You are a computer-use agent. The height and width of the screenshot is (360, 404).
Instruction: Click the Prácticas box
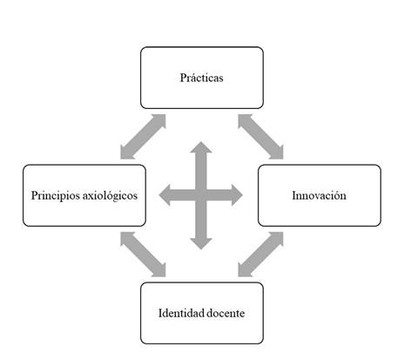coord(202,78)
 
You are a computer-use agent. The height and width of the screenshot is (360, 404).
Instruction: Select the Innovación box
coord(320,195)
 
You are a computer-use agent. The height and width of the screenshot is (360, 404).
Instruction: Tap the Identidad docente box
coord(202,313)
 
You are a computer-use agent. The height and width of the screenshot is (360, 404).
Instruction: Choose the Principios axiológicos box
coord(84,195)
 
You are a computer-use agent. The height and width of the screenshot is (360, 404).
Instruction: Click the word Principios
coord(56,196)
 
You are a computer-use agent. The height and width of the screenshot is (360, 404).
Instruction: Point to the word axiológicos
coord(110,196)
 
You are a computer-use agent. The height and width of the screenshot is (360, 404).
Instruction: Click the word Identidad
coord(181,313)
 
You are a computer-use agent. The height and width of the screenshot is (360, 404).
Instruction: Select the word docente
coord(226,313)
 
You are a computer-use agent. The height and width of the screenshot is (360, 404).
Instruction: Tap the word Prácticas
coord(202,78)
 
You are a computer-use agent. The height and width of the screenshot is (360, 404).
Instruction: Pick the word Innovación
coord(320,195)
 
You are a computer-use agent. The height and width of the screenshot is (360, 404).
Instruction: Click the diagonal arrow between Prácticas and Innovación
coord(260,137)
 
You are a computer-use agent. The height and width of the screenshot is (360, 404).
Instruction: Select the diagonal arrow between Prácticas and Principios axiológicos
coord(143,137)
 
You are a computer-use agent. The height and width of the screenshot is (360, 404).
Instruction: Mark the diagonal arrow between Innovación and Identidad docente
coord(260,255)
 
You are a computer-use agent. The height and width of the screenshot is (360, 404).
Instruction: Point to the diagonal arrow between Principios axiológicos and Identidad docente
coord(143,255)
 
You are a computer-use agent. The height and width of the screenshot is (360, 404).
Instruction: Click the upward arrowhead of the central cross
coord(201,147)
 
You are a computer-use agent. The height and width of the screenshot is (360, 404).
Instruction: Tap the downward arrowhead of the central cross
coord(201,244)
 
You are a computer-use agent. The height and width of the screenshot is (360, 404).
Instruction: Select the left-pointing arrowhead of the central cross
coord(165,195)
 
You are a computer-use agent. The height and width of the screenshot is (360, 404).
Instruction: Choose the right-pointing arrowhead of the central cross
coord(237,195)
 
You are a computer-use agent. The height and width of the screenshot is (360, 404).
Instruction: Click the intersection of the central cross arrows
coord(201,195)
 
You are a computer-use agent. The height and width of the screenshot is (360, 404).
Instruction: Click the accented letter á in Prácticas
coord(192,78)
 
